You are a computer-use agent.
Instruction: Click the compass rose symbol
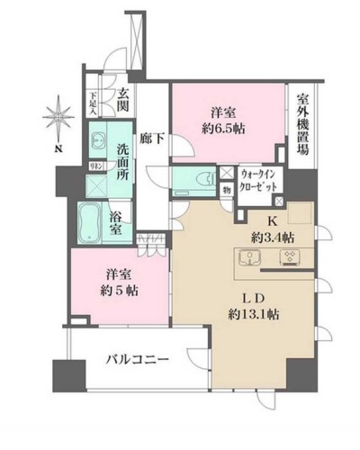point(58,119)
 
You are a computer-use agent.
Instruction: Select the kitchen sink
point(249,259)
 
